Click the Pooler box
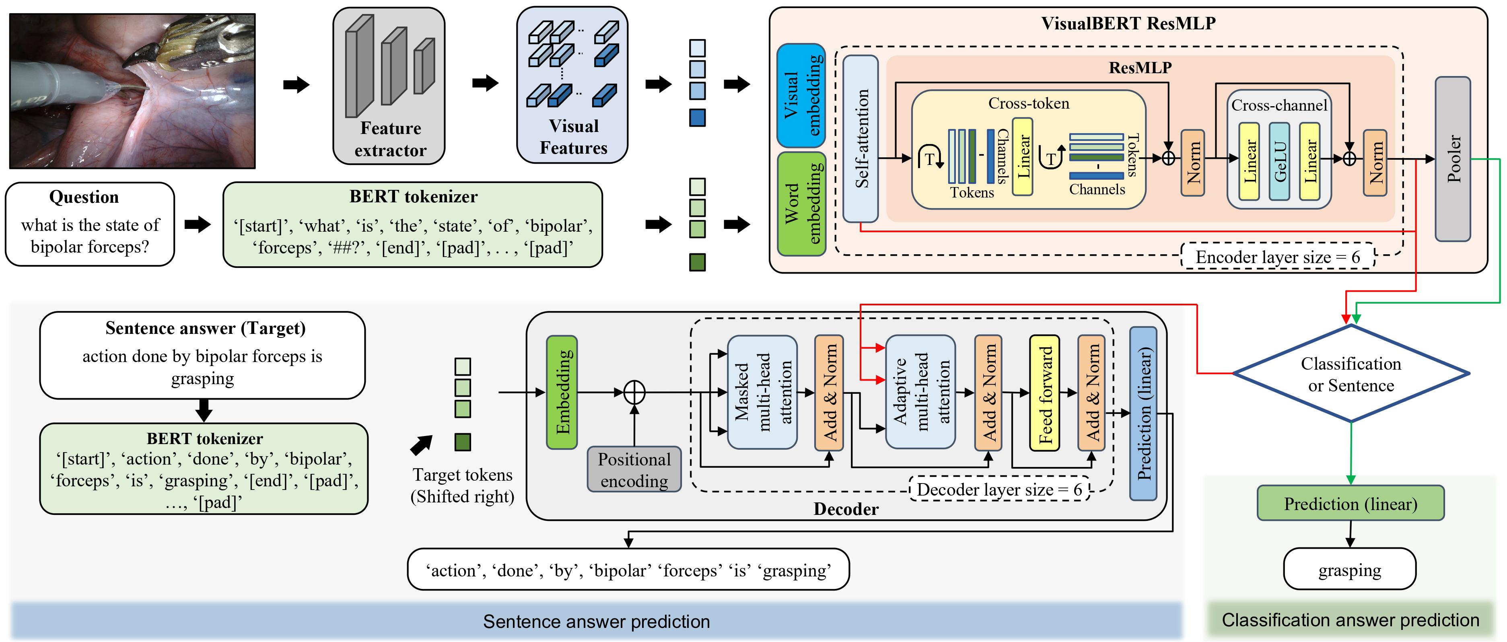pos(1453,158)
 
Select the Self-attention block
pos(861,138)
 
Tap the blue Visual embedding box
pos(801,95)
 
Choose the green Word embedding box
pos(801,204)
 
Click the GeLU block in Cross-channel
pos(1279,161)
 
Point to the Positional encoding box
pos(634,469)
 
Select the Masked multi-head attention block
pos(762,392)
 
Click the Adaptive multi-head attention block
pos(921,392)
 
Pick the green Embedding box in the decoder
pos(562,392)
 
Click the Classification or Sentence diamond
pos(1351,374)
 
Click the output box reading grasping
pos(1350,569)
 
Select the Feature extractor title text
pos(390,139)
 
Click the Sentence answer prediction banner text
pos(596,621)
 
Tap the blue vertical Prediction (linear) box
pos(1143,414)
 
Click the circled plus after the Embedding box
pos(634,392)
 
